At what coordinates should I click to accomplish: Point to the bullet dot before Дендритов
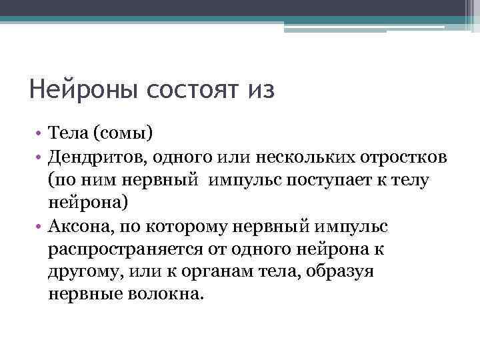coord(41,157)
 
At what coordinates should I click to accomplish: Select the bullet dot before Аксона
coord(41,226)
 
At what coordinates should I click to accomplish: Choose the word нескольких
coord(297,157)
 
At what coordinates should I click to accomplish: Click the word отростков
coord(403,157)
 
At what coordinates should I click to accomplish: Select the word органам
coord(213,272)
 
